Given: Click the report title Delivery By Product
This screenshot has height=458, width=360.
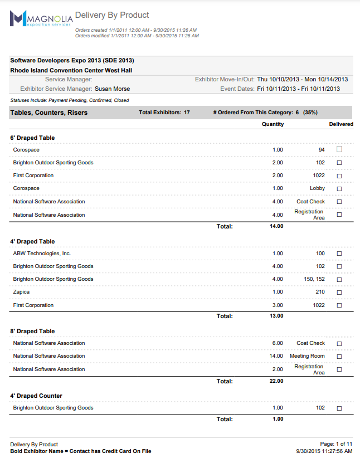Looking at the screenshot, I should tap(112, 15).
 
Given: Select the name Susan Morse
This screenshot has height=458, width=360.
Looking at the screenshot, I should tap(113, 89).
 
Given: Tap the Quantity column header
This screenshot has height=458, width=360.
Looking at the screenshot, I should tap(273, 124).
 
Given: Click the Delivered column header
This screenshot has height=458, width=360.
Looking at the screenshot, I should tap(341, 124).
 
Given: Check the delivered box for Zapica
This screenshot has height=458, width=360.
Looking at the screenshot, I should tap(339, 293).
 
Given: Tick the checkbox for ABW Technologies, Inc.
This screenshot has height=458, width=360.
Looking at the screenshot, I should tap(339, 254).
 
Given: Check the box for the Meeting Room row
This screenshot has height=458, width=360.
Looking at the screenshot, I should tap(339, 357).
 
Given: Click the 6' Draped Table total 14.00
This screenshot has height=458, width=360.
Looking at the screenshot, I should tap(276, 226).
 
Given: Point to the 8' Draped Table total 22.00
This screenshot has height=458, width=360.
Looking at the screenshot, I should tap(276, 381).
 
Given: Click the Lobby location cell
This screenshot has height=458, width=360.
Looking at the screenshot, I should tap(317, 188).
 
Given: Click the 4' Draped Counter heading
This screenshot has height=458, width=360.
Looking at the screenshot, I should tap(36, 396).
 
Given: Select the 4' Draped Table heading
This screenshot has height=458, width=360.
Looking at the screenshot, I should tap(32, 241).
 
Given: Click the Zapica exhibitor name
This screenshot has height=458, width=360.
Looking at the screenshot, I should tap(21, 292).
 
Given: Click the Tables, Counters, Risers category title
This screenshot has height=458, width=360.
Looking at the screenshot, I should tap(48, 113).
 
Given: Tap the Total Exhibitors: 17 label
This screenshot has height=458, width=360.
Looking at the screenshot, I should tap(164, 113).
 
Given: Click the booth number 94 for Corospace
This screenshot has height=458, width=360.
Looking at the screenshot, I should tap(322, 150).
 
